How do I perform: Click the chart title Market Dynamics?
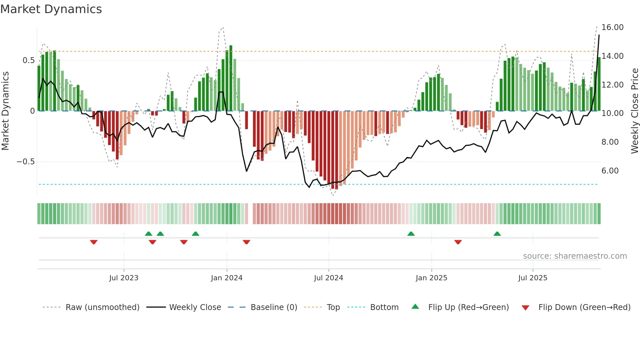51,9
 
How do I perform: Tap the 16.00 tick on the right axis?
612,27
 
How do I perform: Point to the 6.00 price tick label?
610,171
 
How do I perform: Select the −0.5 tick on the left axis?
25,162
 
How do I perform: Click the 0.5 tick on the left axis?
28,60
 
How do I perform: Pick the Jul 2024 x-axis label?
328,278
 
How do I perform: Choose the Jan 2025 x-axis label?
431,278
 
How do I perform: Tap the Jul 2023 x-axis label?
124,278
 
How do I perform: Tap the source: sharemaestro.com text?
575,256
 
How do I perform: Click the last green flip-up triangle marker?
497,234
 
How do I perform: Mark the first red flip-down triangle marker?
94,242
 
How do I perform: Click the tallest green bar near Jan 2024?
231,78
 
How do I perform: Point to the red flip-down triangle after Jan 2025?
458,242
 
